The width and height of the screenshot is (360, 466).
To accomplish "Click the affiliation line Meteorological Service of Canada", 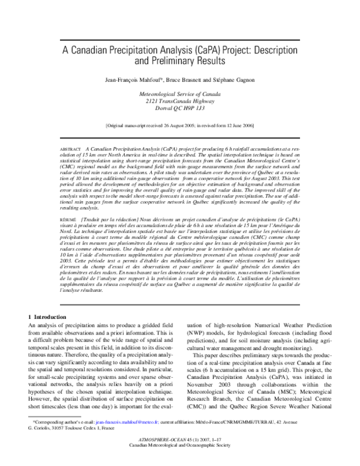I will coord(180,95).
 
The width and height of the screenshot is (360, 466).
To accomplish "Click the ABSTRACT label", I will coord(71,148).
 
